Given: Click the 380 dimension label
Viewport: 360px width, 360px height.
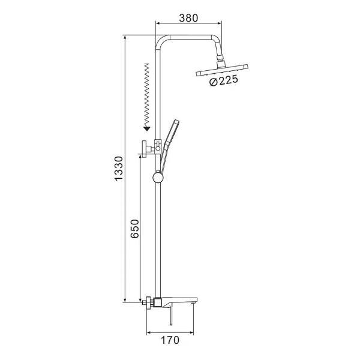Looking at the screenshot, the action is pos(188,18).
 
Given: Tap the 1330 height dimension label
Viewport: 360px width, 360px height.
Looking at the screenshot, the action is pos(119,169).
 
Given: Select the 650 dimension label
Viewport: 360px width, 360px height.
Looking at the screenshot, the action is pos(134,229).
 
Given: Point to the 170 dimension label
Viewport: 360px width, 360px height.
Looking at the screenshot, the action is pos(170,340).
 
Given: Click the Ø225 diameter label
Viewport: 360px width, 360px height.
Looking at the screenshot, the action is pos(224,80).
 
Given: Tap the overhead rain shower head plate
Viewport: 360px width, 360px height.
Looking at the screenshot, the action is pos(222,70).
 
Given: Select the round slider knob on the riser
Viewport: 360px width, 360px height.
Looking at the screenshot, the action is pos(158,178).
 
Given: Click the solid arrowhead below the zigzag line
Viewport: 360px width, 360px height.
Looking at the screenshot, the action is pos(146,128).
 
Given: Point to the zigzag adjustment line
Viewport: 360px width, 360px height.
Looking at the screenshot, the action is pos(146,95).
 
